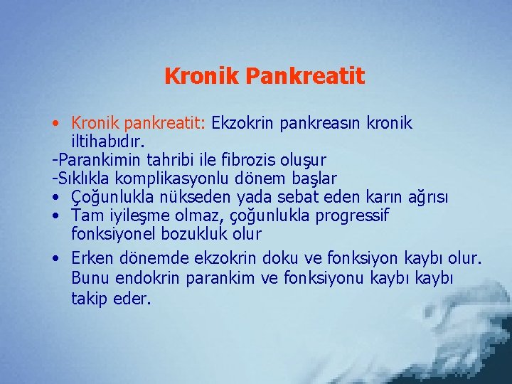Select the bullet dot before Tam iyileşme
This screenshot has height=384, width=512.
click(56, 215)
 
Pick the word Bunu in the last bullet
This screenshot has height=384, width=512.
click(90, 277)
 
